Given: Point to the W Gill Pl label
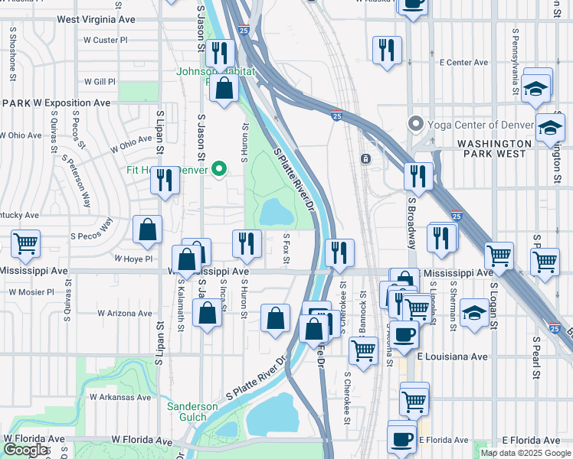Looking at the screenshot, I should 100,81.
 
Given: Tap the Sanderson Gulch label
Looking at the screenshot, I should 192,412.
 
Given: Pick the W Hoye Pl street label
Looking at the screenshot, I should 134,259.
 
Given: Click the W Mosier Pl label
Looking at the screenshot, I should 31,291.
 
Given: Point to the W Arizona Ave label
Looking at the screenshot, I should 126,313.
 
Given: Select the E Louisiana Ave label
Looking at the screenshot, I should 452,356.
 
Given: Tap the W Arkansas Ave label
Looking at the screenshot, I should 120,397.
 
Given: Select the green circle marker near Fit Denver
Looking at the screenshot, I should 219,169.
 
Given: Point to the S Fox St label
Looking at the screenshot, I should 286,250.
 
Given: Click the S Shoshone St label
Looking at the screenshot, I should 13,54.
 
